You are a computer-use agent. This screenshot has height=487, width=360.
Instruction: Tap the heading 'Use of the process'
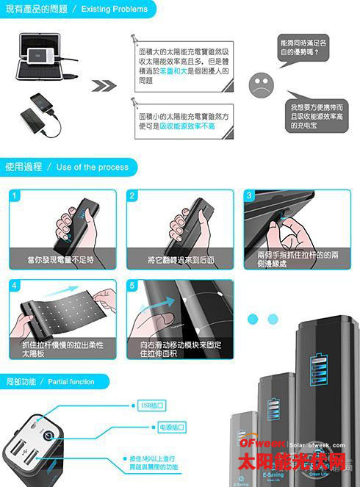[92, 167]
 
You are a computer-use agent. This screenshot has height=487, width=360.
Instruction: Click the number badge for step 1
[15, 196]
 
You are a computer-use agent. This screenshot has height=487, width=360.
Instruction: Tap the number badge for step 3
[250, 196]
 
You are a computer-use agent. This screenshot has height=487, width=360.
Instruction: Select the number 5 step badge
[133, 286]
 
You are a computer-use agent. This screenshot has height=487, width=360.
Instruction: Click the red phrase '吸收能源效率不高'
[176, 126]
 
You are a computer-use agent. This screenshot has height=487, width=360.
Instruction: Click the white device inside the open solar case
[37, 57]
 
